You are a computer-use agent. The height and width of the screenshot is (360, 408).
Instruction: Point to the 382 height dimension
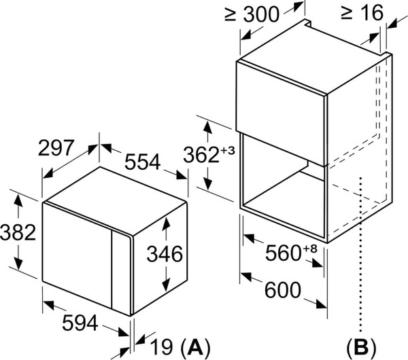click(x=18, y=232)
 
